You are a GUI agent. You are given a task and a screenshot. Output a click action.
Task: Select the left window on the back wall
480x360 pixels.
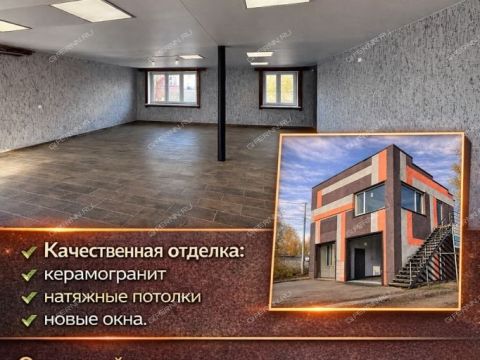pyautogui.click(x=173, y=88)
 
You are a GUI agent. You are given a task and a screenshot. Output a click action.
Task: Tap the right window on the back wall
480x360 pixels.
pyautogui.click(x=280, y=89)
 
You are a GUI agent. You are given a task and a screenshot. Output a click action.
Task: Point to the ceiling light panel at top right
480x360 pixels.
pyautogui.click(x=276, y=3)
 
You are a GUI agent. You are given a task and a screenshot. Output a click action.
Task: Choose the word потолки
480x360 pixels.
pyautogui.click(x=169, y=296)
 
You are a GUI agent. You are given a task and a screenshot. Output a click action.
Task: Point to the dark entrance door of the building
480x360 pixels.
pyautogui.click(x=359, y=263)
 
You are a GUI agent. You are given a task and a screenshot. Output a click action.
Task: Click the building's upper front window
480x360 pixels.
pyautogui.click(x=369, y=200)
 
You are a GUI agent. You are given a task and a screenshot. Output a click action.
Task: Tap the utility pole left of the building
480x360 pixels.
pyautogui.click(x=304, y=240)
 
